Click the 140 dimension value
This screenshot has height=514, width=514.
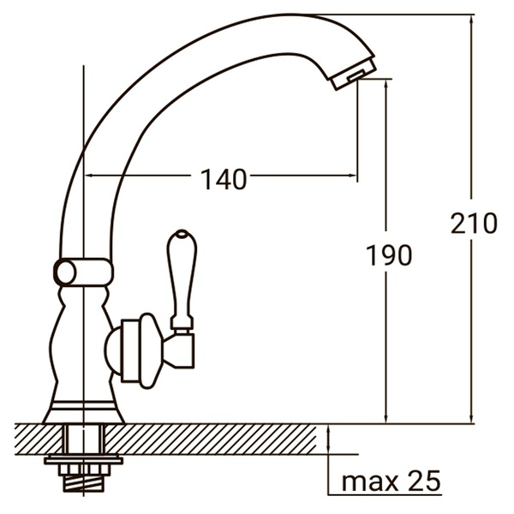(x=224, y=179)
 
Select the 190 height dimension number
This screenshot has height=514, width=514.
(x=388, y=254)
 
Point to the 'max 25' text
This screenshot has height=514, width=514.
(x=391, y=481)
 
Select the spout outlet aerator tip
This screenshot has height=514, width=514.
(x=351, y=76)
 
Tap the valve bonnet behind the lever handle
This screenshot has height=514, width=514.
(x=137, y=347)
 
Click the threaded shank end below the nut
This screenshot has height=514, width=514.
(x=84, y=485)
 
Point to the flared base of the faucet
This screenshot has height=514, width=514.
(x=84, y=409)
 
